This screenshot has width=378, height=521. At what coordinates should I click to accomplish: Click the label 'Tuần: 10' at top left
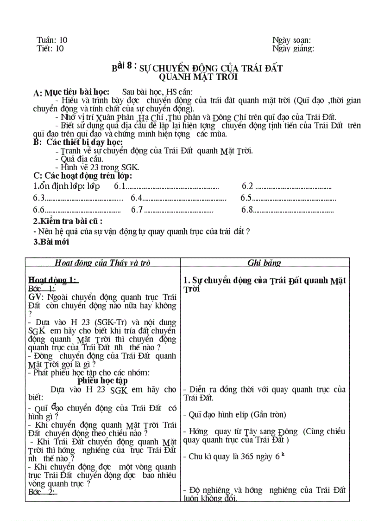pyautogui.click(x=52, y=40)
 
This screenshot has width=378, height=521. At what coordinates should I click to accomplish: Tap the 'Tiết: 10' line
pyautogui.click(x=50, y=48)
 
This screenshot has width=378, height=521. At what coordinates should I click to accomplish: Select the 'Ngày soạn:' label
pyautogui.click(x=291, y=40)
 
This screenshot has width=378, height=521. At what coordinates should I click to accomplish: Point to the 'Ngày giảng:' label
pyautogui.click(x=293, y=48)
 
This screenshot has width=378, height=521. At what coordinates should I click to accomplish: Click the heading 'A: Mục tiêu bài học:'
pyautogui.click(x=71, y=92)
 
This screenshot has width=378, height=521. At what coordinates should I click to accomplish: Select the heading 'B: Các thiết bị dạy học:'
pyautogui.click(x=78, y=142)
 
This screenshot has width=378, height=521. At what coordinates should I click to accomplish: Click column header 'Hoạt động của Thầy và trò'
pyautogui.click(x=102, y=263)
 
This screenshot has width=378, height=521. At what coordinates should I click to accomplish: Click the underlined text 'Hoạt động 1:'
pyautogui.click(x=53, y=280)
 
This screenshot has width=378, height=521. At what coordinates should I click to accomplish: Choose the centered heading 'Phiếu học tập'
pyautogui.click(x=102, y=380)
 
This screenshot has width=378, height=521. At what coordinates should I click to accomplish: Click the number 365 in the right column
pyautogui.click(x=247, y=457)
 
